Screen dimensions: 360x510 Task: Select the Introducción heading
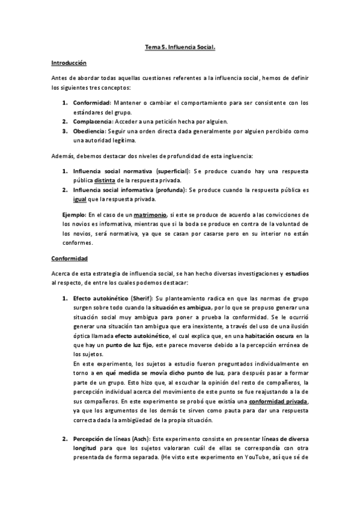pyautogui.click(x=69, y=63)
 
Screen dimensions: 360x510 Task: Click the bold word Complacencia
pyautogui.click(x=91, y=121)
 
